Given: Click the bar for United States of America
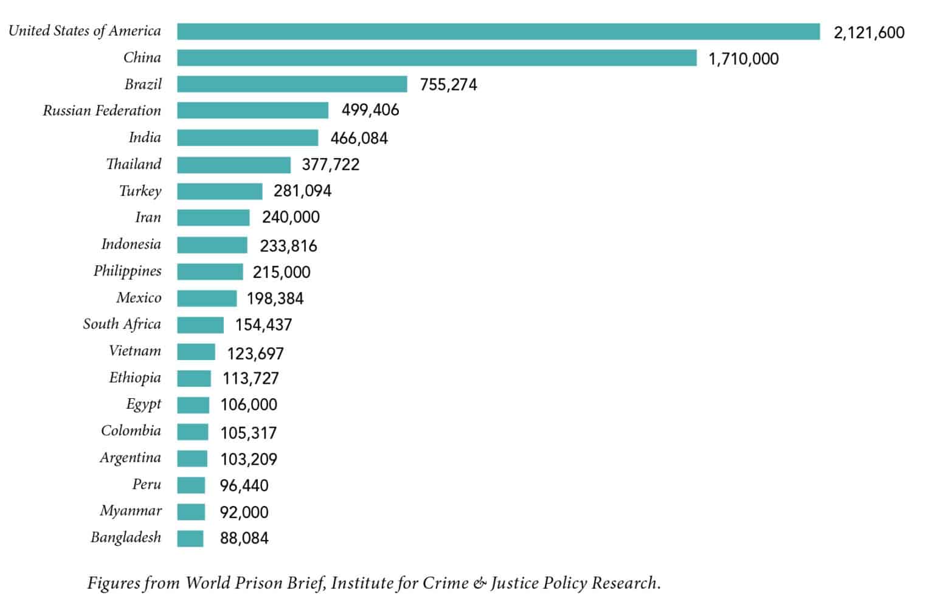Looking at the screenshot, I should [499, 32].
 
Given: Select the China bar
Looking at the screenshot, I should [437, 58].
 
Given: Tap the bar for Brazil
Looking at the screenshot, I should [292, 84].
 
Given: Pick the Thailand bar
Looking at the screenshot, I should [233, 165].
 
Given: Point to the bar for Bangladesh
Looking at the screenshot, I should [190, 538].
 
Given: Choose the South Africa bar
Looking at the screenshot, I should [200, 325].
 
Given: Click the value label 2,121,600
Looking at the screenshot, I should [869, 33].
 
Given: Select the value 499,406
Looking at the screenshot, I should [370, 110].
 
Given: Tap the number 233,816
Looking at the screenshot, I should [288, 246].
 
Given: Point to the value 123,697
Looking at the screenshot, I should [255, 353].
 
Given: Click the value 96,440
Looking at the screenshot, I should [244, 485].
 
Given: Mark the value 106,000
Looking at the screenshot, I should [249, 404].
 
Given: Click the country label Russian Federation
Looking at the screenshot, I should [102, 111].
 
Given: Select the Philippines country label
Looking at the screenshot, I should [128, 271].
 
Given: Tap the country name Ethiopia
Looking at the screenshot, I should [135, 378].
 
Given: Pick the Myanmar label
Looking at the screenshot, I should [131, 511].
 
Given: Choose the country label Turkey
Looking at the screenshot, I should [140, 191].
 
